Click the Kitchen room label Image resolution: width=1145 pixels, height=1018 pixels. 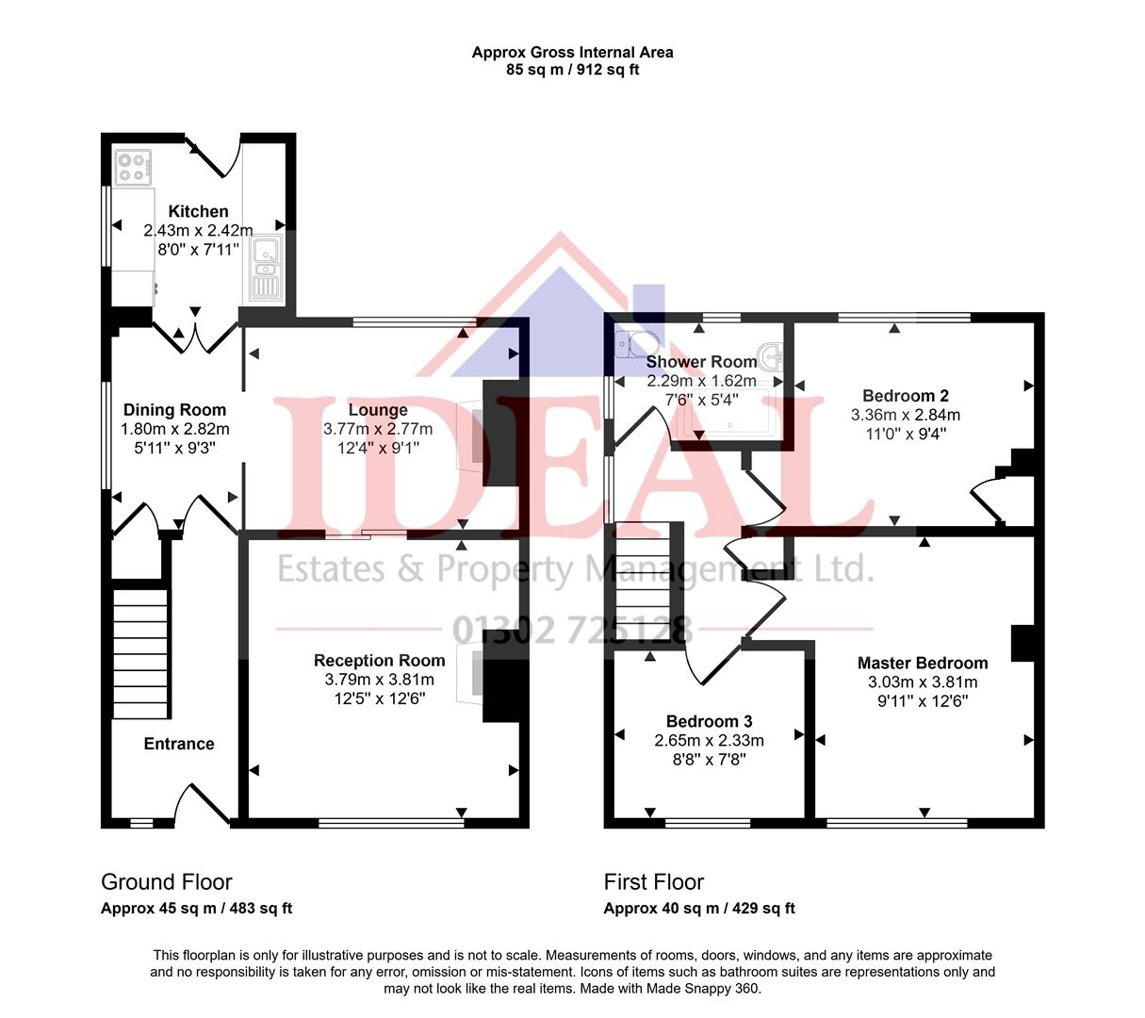[x=198, y=211]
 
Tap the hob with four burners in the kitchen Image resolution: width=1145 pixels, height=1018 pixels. [x=133, y=167]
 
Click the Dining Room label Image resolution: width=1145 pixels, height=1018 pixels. [x=174, y=409]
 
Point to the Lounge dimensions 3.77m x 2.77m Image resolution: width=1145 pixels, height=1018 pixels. [x=378, y=429]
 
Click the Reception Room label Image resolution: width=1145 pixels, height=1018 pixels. [x=379, y=660]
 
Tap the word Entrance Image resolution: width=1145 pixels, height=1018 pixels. [x=178, y=744]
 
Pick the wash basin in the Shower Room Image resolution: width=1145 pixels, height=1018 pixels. [x=772, y=356]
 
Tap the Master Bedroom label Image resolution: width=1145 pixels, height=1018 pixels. [x=922, y=663]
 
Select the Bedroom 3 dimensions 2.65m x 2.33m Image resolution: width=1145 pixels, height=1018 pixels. [x=709, y=741]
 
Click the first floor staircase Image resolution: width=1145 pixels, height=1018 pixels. [x=646, y=580]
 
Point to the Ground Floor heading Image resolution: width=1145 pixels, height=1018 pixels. [x=166, y=882]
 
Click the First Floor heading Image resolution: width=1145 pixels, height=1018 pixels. [x=653, y=882]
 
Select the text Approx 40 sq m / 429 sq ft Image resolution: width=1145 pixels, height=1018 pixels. [x=698, y=909]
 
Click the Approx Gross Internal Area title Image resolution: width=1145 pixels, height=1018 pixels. [x=572, y=53]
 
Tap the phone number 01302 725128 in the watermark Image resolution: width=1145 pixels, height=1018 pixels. [x=572, y=630]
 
